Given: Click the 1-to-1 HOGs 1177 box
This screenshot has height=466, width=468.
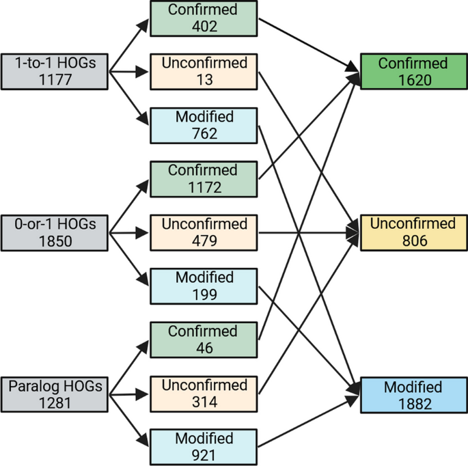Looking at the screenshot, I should coord(55,71).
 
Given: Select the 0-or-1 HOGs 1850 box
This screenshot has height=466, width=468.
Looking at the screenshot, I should coord(55,232).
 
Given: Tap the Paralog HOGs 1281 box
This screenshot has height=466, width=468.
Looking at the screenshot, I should coord(55,394).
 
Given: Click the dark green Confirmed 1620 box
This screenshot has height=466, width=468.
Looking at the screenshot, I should coord(414,72).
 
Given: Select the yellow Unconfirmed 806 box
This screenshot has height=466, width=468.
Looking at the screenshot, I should coord(414,232).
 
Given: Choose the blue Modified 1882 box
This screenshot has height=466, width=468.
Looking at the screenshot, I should coord(414,394).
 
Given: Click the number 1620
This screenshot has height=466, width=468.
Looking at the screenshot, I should coord(414,80).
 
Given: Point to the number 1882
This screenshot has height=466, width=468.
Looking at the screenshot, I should coord(414,403).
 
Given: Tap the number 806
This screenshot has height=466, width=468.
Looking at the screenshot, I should coord(414,241).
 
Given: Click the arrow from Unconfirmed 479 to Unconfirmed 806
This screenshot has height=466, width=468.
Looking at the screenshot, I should coord(307,232).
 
